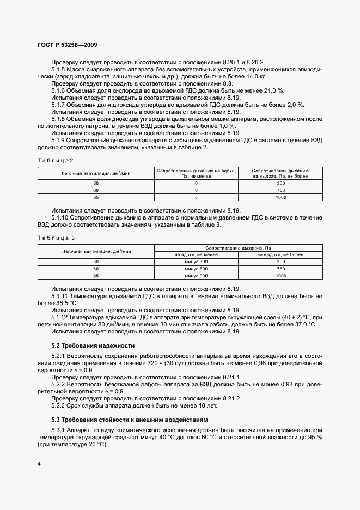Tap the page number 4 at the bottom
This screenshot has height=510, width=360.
coord(39,464)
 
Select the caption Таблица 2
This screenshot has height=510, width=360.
coord(55,160)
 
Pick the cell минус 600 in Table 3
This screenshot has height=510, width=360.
coord(196,269)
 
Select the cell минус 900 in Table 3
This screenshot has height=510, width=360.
coord(196,276)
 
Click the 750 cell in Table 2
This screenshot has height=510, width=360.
coord(280,191)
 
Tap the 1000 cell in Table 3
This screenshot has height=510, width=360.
coord(280,276)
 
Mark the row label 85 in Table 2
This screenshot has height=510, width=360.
coord(96,198)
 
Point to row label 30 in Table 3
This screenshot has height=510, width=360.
coord(96,262)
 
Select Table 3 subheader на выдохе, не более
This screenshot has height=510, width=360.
coord(280,254)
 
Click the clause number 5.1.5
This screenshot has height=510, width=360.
coord(60,70)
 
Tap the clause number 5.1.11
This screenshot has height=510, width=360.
coord(62,296)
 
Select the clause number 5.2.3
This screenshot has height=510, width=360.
coord(60,405)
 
